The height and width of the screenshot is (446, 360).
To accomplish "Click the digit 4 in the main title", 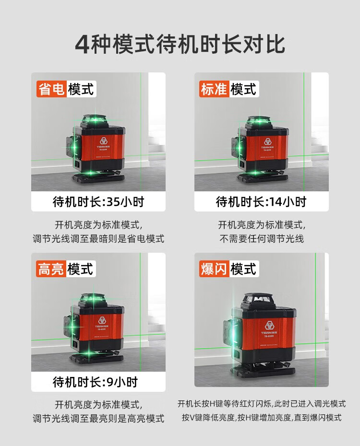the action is pos(83,45).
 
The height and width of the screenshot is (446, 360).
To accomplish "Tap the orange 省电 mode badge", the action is pos(51,89).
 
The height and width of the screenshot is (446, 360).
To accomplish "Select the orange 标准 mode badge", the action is pos(214,89).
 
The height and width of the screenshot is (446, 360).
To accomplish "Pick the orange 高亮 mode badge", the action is pos(51,269).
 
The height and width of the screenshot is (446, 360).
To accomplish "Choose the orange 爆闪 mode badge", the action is pos(214,269).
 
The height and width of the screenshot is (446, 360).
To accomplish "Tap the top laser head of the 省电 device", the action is pos(95,121).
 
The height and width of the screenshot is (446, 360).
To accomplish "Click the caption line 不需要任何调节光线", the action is pos(262,239).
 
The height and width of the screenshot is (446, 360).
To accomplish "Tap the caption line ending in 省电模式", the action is pos(98,239).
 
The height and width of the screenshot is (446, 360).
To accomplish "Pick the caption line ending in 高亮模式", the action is pos(98,418).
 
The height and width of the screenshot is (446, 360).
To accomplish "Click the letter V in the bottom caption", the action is pos(192,418).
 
